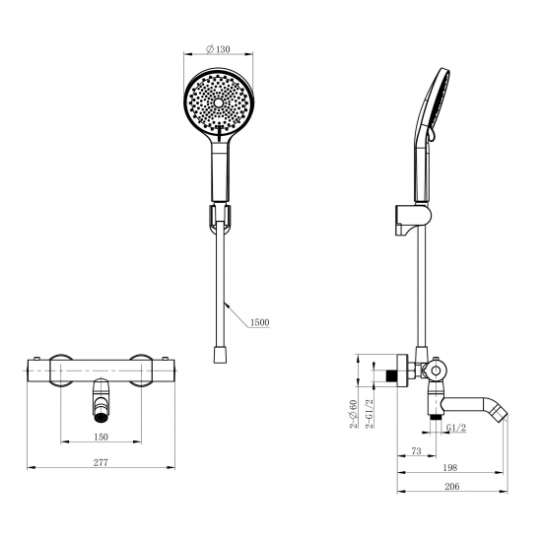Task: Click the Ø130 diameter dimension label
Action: (x=218, y=49)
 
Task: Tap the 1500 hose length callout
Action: (x=259, y=322)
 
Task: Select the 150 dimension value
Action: (x=101, y=437)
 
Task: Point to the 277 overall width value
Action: (x=101, y=462)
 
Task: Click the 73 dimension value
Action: (x=417, y=451)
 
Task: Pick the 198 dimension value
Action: (x=450, y=468)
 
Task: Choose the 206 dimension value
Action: (x=452, y=487)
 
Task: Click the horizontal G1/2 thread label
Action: (x=456, y=428)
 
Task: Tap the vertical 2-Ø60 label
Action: (x=353, y=414)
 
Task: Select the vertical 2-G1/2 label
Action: (x=370, y=413)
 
